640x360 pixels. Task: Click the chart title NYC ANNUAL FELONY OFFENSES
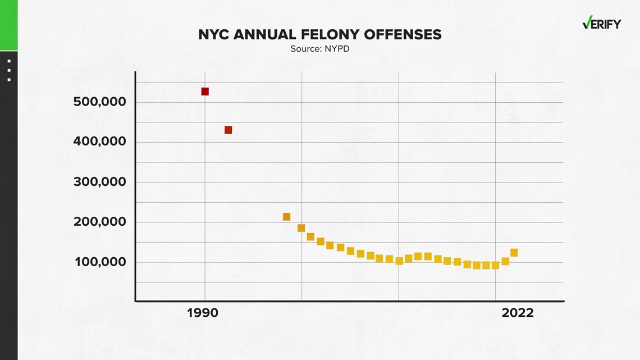click(319, 35)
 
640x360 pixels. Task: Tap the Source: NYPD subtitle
click(319, 49)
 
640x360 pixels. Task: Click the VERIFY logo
click(601, 24)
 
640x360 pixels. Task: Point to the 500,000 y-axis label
click(100, 102)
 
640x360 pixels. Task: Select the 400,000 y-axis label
click(100, 142)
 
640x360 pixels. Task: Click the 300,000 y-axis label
click(100, 182)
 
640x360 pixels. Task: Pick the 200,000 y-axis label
click(100, 222)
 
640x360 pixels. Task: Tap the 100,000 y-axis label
click(100, 262)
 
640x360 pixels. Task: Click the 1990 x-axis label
click(203, 313)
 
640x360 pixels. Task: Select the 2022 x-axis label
click(518, 313)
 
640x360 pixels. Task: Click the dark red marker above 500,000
click(205, 92)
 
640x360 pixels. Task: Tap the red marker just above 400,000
click(228, 130)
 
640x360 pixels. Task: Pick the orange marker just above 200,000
click(286, 217)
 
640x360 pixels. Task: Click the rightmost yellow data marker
click(514, 253)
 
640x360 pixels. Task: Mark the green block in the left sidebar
click(8, 25)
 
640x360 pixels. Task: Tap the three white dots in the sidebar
click(9, 70)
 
